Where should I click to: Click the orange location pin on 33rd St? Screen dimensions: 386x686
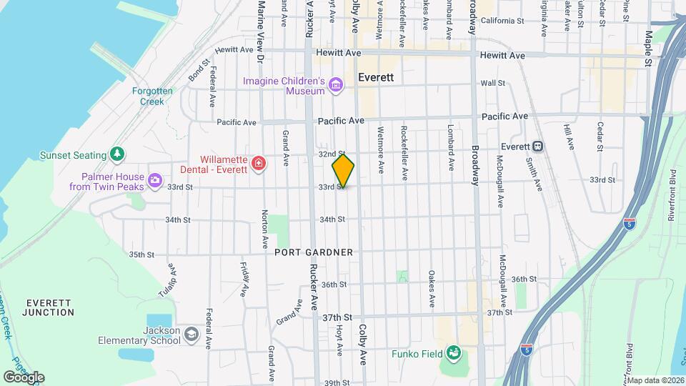coord(343,170)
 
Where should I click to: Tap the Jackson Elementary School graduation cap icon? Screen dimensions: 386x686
coord(191,334)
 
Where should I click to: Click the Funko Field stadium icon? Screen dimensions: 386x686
coord(452,352)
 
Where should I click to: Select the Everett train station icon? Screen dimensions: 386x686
coord(537,146)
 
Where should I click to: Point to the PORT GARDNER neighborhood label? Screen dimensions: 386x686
coord(314,252)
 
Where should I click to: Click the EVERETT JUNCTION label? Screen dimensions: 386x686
coord(49,308)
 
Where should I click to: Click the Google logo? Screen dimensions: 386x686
coord(24,377)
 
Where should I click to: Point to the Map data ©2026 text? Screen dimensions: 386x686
coord(653,380)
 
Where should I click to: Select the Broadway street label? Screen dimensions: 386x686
coord(474,166)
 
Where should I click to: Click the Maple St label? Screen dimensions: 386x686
coord(648,48)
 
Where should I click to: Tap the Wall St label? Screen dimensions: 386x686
coord(493,84)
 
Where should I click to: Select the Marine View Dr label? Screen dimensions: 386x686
coord(262,29)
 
